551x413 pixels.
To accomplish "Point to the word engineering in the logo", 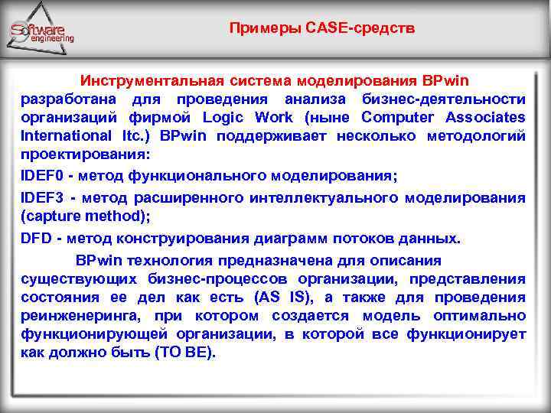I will click(53, 38).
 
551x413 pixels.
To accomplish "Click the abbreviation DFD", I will click(36, 238).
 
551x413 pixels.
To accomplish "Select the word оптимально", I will click(479, 316).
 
